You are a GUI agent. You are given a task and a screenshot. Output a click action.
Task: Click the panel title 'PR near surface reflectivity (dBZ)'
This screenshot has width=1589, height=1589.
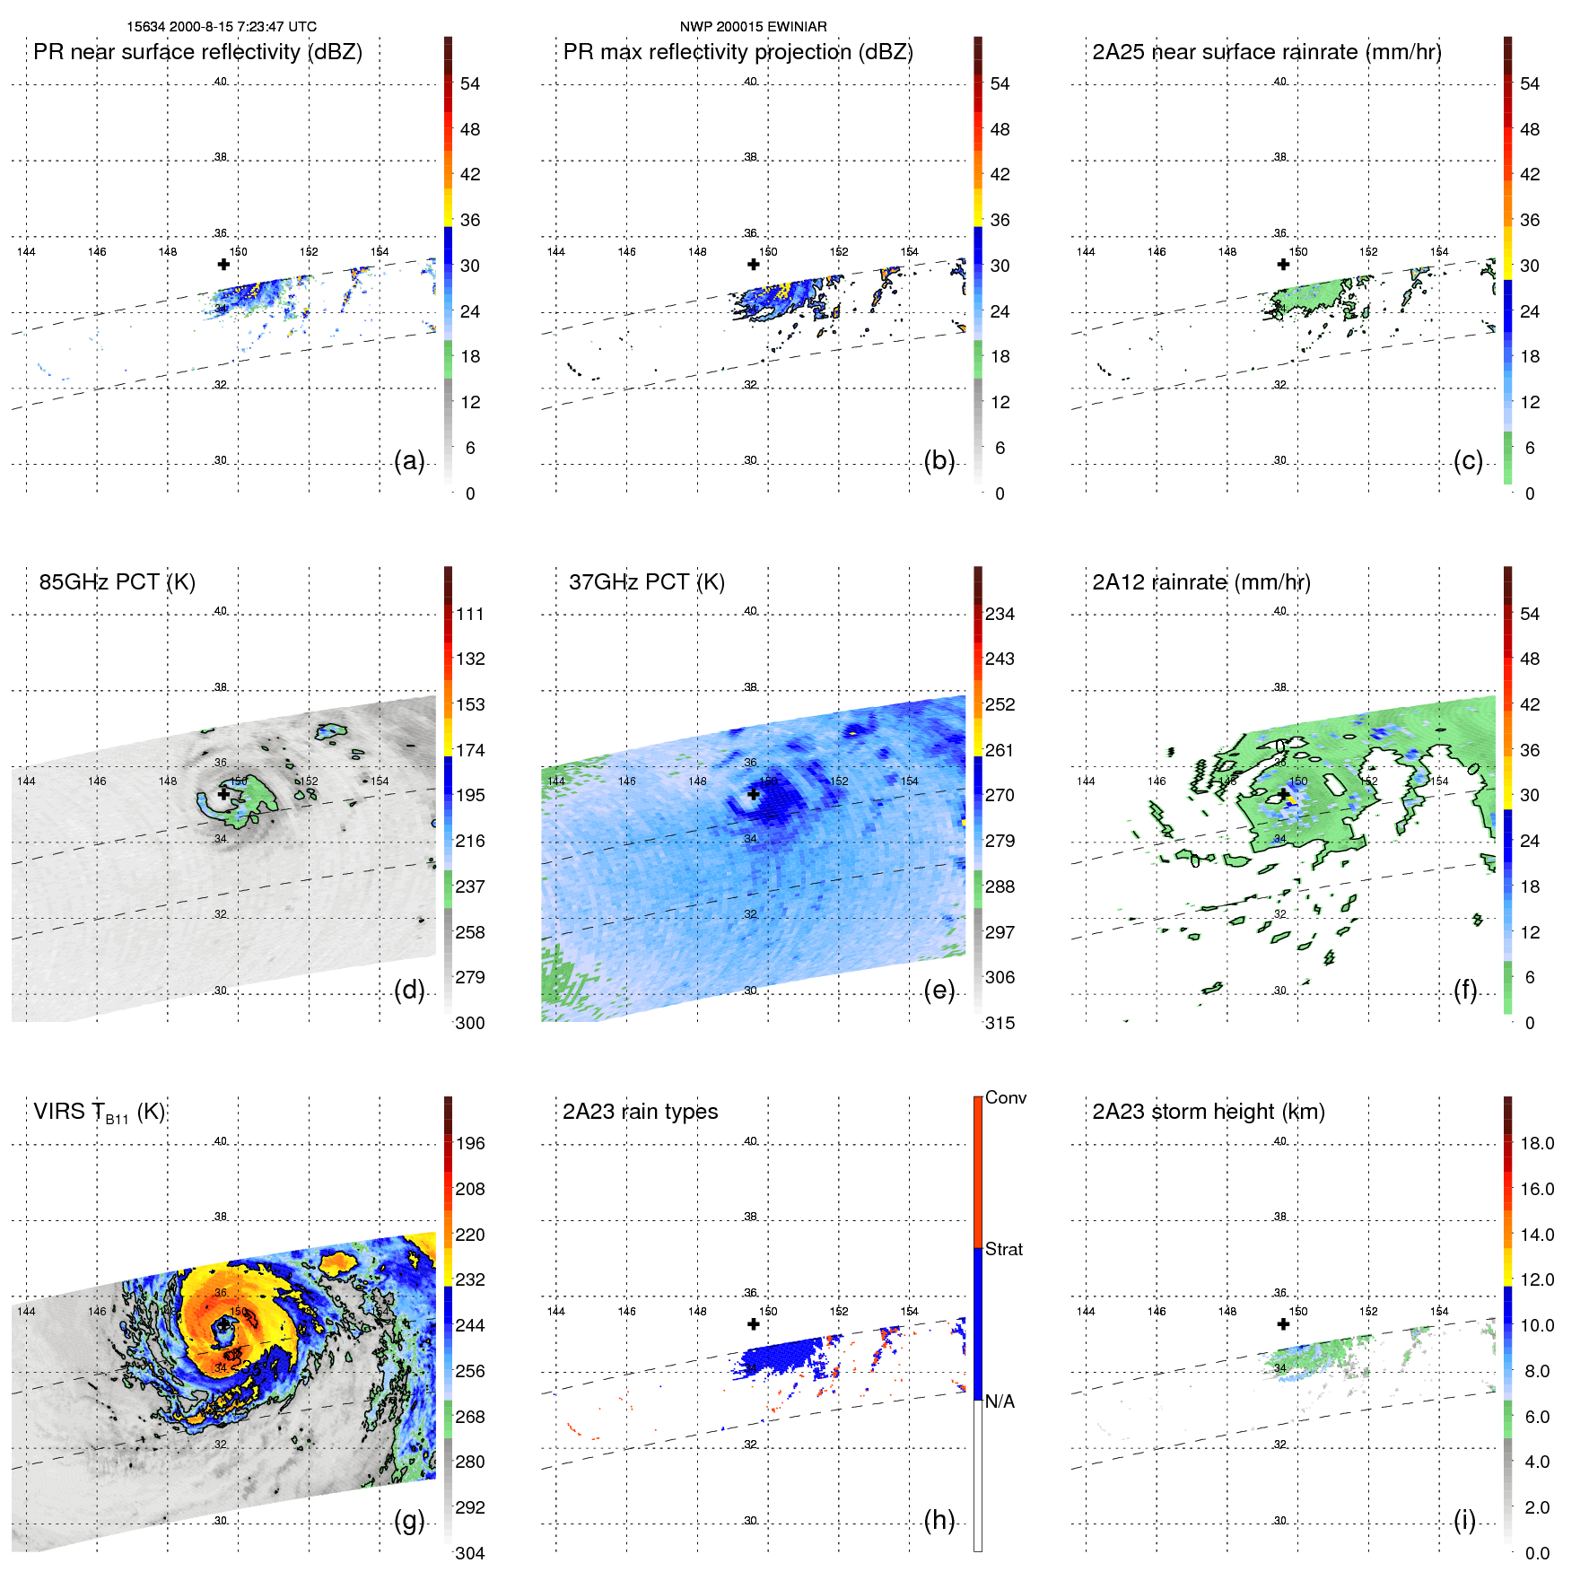coord(197,52)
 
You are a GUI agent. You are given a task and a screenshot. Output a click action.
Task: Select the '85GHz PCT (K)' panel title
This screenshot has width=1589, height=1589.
coord(117,581)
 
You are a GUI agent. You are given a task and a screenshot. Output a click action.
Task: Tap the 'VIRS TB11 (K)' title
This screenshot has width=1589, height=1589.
coord(99,1112)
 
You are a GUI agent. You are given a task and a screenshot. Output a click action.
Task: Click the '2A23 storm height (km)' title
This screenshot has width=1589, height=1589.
coord(1208,1112)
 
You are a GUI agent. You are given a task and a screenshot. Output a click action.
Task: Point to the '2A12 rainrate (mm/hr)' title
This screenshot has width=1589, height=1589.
coord(1200,581)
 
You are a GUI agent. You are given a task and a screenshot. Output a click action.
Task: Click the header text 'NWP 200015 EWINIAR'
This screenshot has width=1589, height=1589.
coord(753,27)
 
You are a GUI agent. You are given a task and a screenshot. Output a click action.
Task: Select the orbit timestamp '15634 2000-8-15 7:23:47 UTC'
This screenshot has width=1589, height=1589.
coord(222,27)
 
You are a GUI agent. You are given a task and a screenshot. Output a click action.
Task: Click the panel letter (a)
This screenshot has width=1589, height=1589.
coord(409,460)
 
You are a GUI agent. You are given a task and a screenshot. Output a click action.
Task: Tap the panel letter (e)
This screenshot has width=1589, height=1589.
coord(939,990)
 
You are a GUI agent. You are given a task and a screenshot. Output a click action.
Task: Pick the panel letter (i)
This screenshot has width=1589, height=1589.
coord(1464,1520)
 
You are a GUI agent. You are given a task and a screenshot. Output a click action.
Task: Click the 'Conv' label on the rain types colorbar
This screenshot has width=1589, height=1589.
coord(1005,1097)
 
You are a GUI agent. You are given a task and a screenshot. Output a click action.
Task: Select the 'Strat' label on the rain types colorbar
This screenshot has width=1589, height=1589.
coord(1003,1249)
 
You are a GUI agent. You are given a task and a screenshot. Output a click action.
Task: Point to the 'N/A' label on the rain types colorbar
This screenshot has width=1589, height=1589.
coord(1000,1401)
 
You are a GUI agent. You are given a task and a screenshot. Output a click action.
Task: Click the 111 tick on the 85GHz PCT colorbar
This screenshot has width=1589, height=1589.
coord(470,614)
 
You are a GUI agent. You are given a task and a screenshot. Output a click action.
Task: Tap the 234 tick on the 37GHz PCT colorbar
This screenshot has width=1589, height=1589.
coord(1000,614)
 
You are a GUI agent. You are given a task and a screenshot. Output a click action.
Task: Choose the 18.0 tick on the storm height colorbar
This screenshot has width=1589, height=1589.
coord(1536,1143)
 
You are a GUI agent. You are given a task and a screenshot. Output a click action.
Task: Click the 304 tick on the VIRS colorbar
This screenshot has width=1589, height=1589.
coord(470,1553)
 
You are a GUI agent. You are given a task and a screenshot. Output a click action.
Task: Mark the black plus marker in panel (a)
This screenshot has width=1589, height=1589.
coord(223,264)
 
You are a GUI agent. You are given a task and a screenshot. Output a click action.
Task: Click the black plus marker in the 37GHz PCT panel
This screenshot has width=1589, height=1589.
coord(754,794)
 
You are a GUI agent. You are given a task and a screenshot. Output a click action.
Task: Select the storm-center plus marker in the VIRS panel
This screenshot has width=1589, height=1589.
coord(223,1324)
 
